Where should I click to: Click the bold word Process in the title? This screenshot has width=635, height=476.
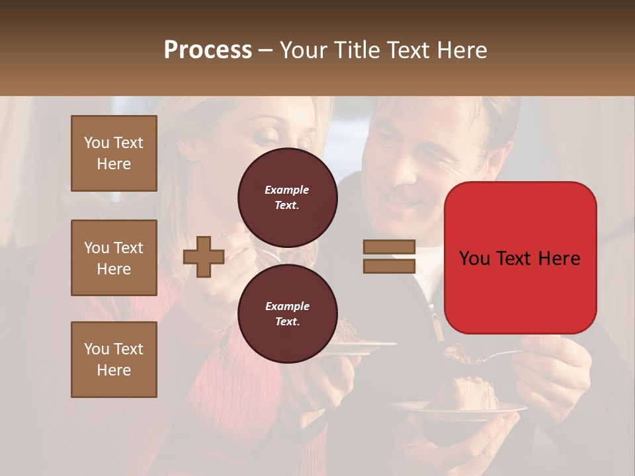point(208,50)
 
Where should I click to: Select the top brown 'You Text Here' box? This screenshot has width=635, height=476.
point(114,153)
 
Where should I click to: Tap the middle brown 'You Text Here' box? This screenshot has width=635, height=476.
point(114,258)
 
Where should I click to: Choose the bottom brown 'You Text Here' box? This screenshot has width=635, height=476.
point(114,360)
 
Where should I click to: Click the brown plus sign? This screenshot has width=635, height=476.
point(204,257)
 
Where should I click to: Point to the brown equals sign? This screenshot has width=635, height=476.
point(389,257)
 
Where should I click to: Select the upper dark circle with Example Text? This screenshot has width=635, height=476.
point(287,198)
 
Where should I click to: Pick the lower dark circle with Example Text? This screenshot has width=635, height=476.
point(287,314)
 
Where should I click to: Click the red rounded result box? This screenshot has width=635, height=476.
point(520,258)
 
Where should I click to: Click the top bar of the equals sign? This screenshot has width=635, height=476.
point(389,247)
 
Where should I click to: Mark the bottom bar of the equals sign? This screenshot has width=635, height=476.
point(389,266)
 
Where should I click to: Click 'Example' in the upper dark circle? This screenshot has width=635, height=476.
point(287,190)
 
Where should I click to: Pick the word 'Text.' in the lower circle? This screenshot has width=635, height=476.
point(287,322)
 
